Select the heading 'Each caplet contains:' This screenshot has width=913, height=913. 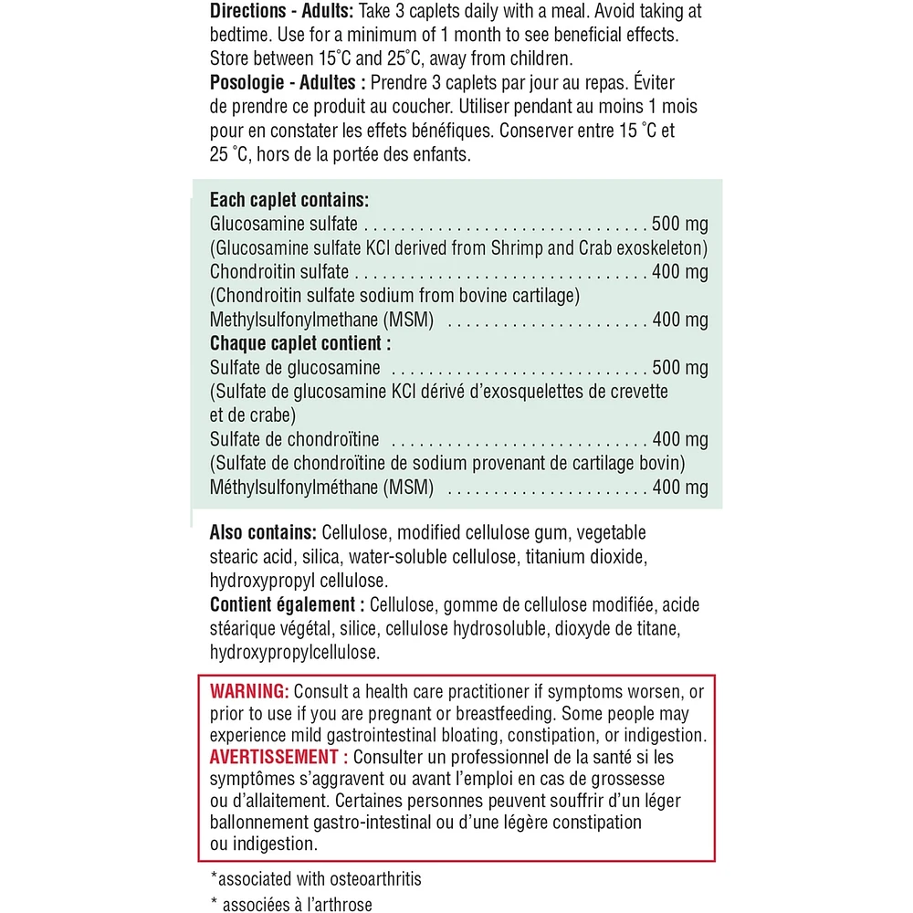coord(289,200)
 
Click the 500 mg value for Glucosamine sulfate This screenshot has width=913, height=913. coord(680,225)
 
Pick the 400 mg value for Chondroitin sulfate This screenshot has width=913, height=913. coord(680,272)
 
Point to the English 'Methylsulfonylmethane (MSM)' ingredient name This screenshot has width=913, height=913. coord(321,320)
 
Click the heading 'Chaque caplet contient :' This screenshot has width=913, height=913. coord(300,344)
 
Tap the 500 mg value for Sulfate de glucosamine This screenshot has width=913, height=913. coord(680,369)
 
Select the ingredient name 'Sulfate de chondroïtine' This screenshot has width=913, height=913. coord(295,440)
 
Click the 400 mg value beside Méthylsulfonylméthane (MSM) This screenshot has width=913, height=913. coord(680,488)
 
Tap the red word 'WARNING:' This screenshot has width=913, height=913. coord(249,690)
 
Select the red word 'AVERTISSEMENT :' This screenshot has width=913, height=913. coord(278,758)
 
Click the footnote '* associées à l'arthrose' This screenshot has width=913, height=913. coord(291,906)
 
